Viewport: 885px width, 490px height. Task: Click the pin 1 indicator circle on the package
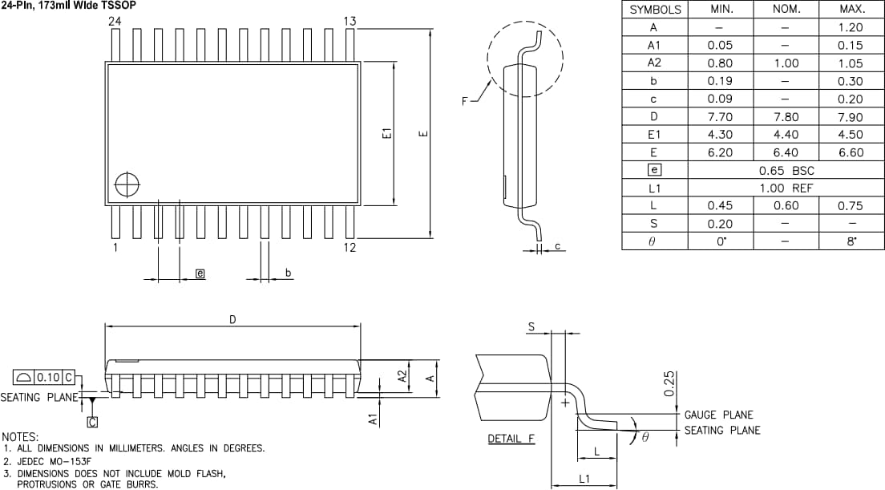127,185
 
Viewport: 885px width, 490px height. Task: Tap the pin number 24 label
115,22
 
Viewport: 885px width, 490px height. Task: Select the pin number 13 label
350,22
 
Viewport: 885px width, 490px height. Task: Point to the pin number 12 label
350,247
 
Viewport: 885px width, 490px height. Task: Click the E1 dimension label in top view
386,134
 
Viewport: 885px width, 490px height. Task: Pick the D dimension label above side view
232,319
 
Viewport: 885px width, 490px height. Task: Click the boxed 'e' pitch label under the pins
200,273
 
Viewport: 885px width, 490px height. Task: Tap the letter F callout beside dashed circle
465,101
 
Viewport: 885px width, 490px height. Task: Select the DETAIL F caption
511,439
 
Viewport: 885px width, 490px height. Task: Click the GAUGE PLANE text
718,415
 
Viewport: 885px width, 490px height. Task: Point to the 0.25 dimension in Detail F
670,383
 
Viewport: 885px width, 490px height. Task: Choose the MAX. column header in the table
851,10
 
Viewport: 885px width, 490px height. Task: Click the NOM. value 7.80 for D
786,117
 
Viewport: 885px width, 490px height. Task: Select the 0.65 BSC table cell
786,171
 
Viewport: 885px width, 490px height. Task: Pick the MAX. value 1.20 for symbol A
851,27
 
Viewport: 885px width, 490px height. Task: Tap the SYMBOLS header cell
655,10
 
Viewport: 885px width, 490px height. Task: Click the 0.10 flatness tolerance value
50,377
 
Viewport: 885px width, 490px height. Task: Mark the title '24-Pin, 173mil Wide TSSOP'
68,6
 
